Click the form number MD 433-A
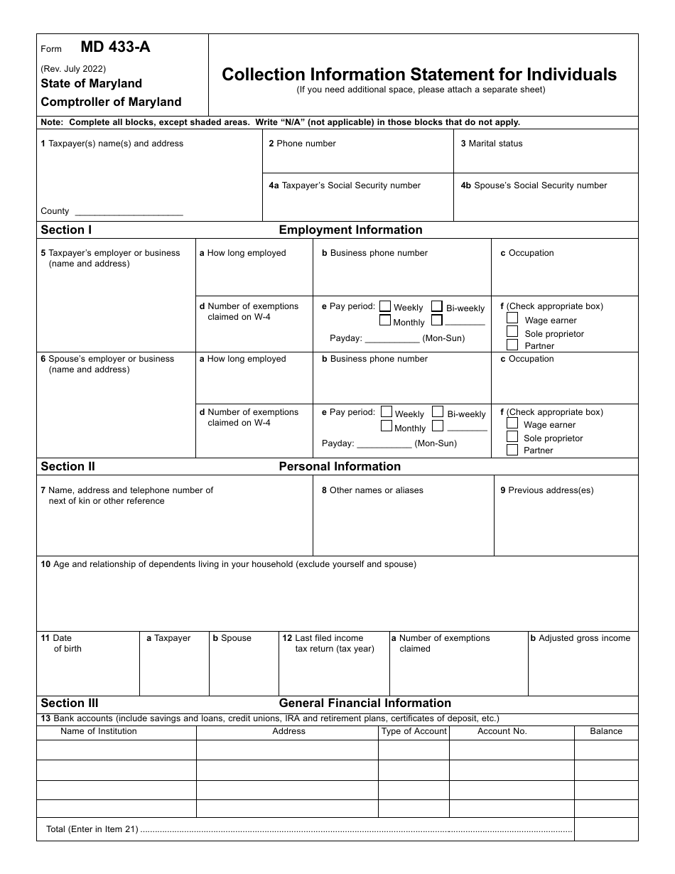(115, 48)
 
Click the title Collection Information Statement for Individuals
(419, 75)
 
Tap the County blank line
(129, 212)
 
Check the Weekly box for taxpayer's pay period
(385, 306)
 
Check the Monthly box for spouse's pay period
(387, 426)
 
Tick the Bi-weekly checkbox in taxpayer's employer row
(437, 306)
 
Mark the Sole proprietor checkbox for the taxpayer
(512, 332)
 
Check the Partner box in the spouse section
(512, 450)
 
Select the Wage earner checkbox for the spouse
(512, 423)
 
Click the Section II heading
(67, 467)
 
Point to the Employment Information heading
(350, 230)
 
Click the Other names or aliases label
(376, 490)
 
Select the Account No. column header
(502, 731)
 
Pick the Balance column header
(606, 731)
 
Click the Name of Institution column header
(99, 731)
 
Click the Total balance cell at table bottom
(606, 829)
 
